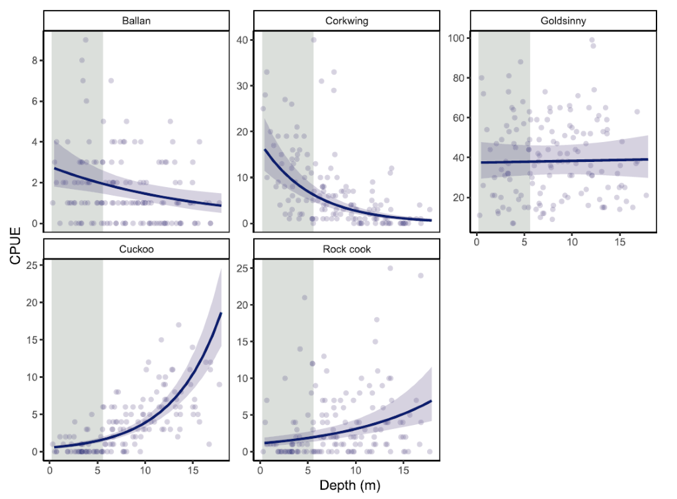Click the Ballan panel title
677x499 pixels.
click(x=136, y=20)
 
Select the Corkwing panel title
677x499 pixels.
click(x=346, y=20)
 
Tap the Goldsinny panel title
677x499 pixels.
click(x=563, y=20)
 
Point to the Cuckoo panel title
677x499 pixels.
click(x=136, y=249)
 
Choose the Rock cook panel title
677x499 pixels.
click(x=346, y=249)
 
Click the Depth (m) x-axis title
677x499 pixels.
click(x=350, y=486)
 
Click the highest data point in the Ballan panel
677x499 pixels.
click(x=85, y=40)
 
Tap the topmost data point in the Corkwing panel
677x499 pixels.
click(x=313, y=40)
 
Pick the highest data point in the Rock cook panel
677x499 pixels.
click(x=390, y=268)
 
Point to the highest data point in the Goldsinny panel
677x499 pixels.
click(x=592, y=40)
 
